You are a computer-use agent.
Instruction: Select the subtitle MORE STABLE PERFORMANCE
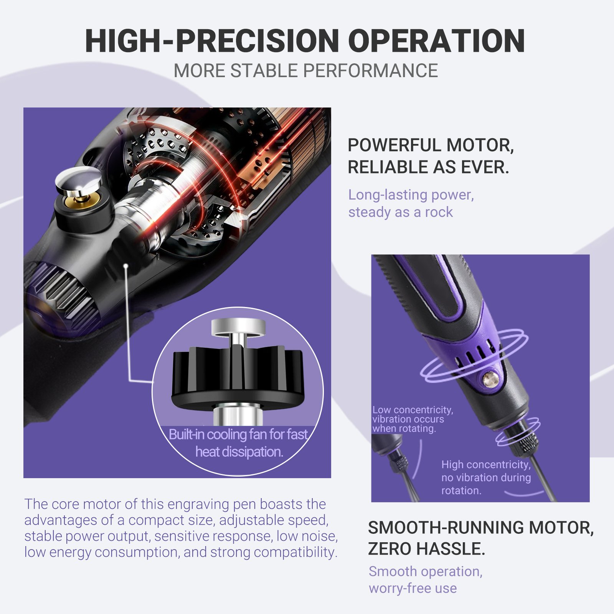(306, 71)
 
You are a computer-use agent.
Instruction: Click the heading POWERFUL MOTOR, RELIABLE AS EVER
(431, 156)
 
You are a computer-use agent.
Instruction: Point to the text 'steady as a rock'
(401, 212)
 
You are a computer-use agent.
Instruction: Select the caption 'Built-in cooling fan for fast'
(238, 434)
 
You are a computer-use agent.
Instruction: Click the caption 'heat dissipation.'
(239, 452)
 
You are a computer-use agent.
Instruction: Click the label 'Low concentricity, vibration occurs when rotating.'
(413, 419)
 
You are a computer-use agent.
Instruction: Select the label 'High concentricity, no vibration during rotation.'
(486, 477)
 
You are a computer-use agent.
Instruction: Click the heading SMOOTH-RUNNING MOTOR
(481, 528)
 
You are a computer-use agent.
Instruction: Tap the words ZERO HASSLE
(427, 549)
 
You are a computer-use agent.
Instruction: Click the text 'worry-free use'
(413, 588)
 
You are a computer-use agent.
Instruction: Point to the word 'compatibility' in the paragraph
(294, 553)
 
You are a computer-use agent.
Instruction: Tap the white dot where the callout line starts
(126, 265)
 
